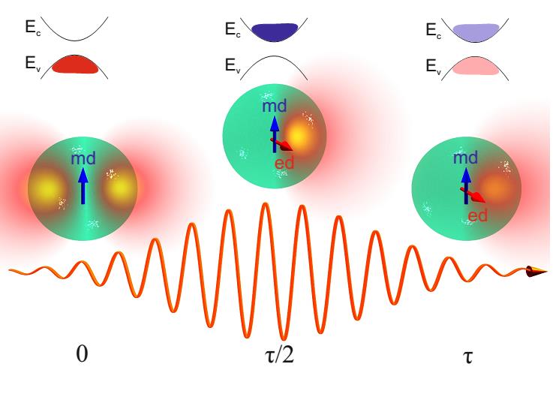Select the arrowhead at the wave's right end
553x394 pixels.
pos(537,271)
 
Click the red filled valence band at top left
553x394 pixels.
pos(74,65)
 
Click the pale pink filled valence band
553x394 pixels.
pos(472,66)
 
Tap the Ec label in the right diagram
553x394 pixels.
pos(433,31)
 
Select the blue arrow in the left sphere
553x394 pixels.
pos(83,185)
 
